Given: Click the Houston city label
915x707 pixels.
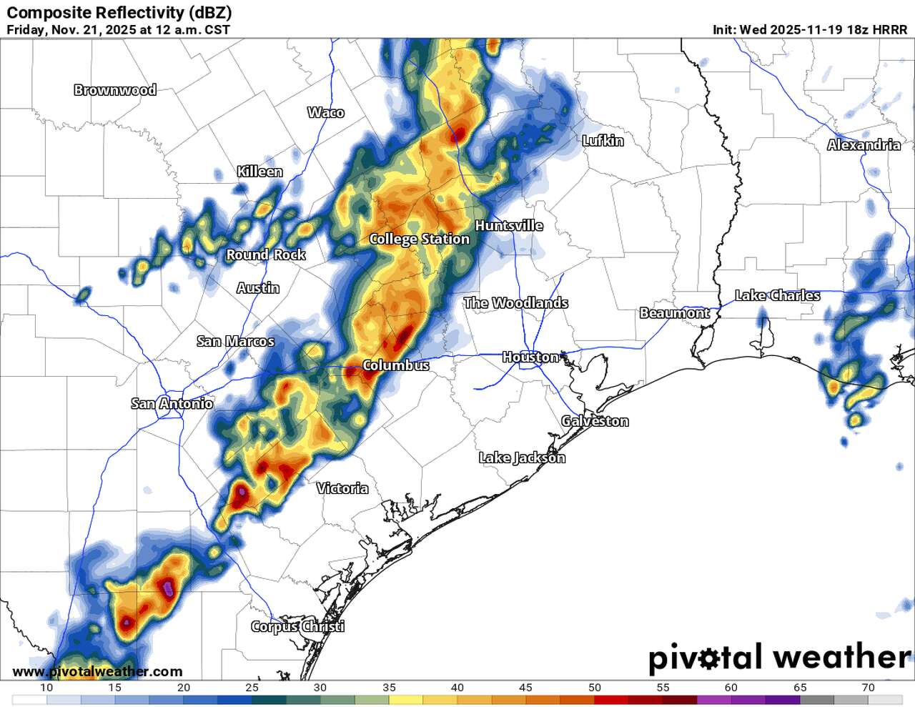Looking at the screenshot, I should click(x=530, y=357).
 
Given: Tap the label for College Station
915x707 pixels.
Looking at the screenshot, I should click(x=419, y=239).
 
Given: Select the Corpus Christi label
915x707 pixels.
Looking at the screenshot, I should click(x=297, y=626).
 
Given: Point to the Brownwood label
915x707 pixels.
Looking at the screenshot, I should click(x=115, y=90).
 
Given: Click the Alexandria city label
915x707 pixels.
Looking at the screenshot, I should click(x=864, y=145).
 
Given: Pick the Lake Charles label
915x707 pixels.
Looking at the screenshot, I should click(x=777, y=295).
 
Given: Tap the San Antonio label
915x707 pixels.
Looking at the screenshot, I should click(x=172, y=404).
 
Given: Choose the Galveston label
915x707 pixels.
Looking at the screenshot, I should click(x=595, y=421).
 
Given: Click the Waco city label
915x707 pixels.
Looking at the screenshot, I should click(x=325, y=112).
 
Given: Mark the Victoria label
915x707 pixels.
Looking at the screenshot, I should click(x=342, y=488).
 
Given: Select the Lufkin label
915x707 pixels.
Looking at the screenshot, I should click(x=603, y=141).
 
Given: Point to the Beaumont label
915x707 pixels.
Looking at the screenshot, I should click(x=674, y=313).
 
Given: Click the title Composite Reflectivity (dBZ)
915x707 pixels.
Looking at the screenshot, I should click(x=119, y=13).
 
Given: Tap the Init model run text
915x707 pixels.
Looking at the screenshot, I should click(x=810, y=30).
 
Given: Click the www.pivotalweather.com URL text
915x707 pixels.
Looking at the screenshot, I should click(x=97, y=672).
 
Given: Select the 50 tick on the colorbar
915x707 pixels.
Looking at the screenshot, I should click(x=594, y=688).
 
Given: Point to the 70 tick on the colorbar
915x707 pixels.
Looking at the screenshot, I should click(x=868, y=688).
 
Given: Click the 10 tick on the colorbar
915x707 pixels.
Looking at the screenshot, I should click(x=46, y=688).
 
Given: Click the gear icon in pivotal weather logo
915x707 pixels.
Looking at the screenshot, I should click(x=707, y=658).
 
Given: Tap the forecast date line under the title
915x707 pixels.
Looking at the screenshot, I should click(x=119, y=30).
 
